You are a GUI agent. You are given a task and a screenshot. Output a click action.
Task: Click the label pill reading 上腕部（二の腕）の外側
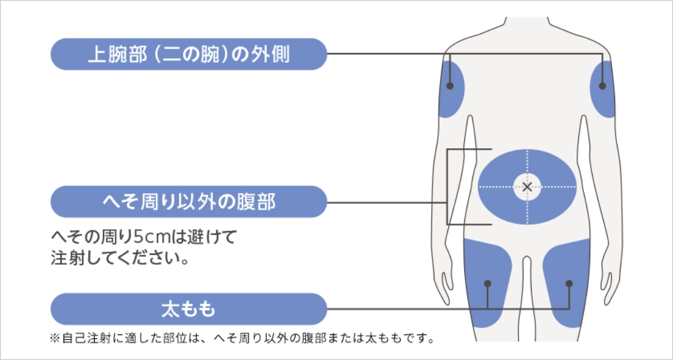click(189, 54)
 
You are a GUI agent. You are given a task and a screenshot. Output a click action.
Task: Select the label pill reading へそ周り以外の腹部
click(189, 202)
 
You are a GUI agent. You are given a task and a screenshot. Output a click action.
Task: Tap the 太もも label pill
click(189, 309)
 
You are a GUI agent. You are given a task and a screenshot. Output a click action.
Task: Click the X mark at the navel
click(527, 187)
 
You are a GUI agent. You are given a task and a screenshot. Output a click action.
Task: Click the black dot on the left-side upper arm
click(450, 86)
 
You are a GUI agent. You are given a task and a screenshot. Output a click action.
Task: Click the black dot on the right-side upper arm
click(602, 86)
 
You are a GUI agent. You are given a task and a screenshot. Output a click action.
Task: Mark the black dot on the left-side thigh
click(487, 283)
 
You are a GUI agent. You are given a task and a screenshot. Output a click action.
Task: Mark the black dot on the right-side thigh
click(569, 283)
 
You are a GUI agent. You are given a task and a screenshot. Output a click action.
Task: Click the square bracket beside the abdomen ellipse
click(447, 187)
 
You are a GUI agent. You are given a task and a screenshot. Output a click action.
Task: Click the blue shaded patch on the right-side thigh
click(566, 283)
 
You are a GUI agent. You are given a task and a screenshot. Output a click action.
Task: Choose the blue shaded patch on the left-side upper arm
click(452, 89)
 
